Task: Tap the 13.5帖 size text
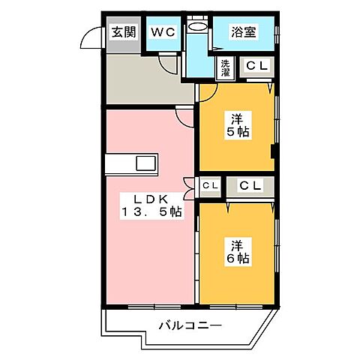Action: point(150,212)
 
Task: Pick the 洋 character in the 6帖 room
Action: point(237,245)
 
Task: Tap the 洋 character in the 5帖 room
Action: point(237,118)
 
